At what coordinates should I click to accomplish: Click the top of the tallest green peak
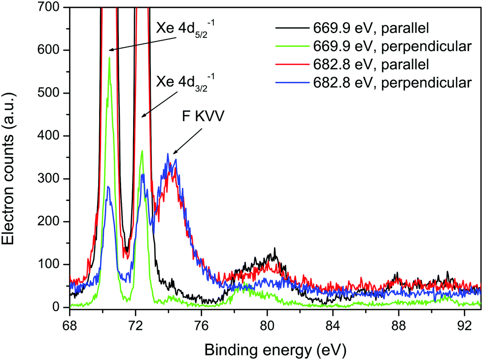[x=109, y=58]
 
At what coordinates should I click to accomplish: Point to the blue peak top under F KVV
[x=168, y=154]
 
